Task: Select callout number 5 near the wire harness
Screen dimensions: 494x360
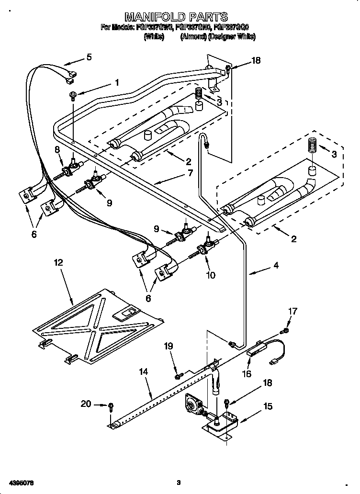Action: click(89, 57)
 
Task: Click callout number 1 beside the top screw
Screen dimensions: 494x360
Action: click(116, 82)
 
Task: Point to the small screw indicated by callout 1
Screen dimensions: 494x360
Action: click(73, 95)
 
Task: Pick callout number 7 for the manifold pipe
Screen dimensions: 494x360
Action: click(190, 173)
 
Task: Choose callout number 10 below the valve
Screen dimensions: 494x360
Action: click(210, 275)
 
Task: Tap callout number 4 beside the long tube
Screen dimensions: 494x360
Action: click(276, 264)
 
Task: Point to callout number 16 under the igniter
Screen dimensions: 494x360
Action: click(247, 374)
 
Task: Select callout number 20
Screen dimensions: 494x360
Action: click(86, 404)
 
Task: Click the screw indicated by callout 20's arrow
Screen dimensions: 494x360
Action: click(111, 406)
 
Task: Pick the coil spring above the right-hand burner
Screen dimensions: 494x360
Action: click(312, 146)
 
